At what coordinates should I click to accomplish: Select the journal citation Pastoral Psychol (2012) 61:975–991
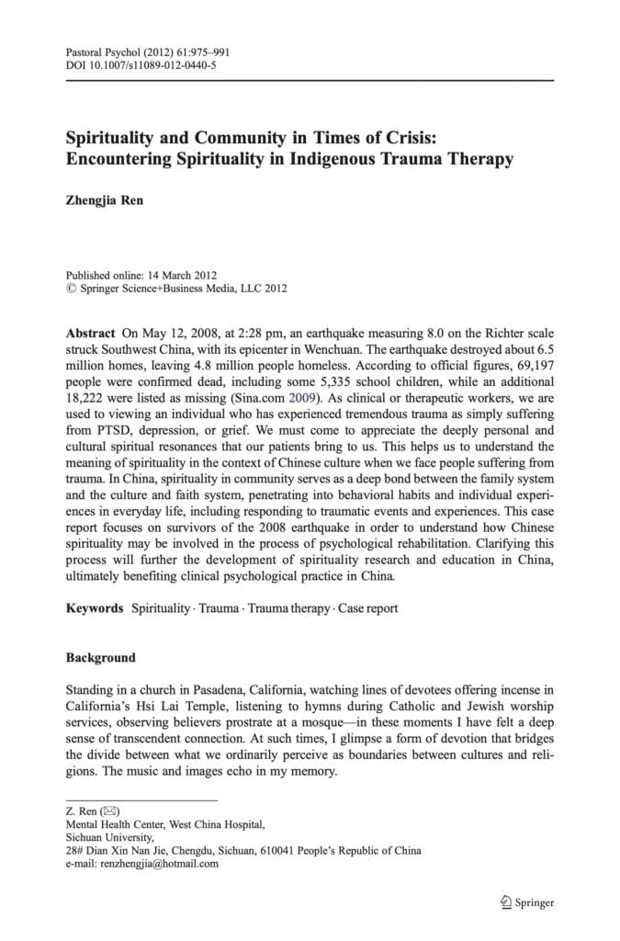click(148, 52)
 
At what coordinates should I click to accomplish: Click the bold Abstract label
click(90, 332)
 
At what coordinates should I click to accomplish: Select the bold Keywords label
click(95, 608)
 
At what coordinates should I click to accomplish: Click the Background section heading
click(100, 658)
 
